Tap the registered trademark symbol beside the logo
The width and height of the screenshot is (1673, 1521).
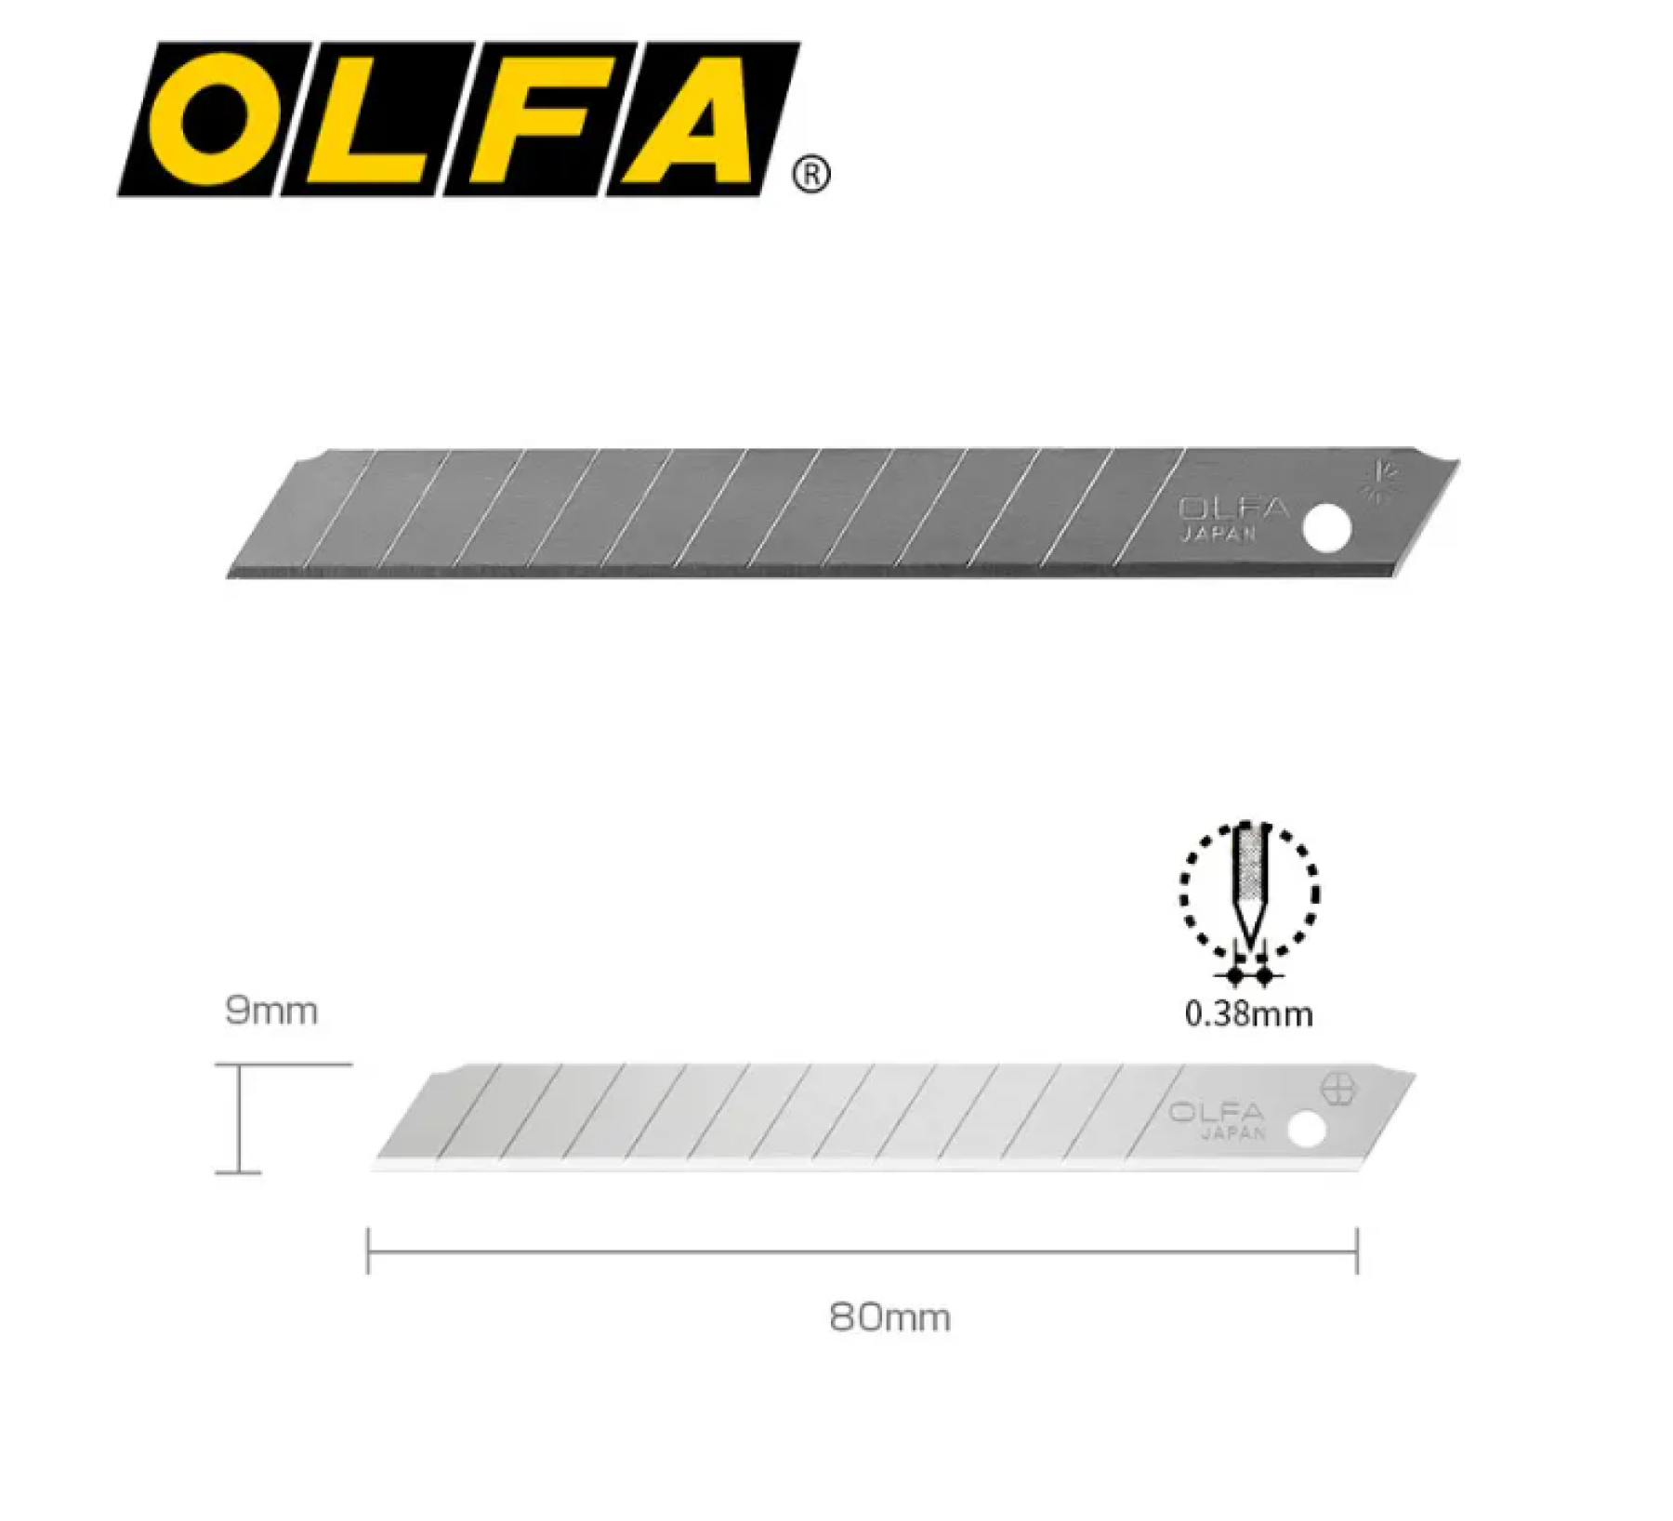[811, 175]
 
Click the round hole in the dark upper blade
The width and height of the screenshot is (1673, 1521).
[1326, 529]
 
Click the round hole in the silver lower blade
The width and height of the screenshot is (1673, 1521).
[1306, 1130]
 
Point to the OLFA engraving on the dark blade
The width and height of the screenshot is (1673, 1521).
[1233, 509]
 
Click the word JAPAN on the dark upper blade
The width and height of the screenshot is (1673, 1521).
[1219, 534]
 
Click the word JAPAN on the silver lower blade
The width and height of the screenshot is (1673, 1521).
[1233, 1133]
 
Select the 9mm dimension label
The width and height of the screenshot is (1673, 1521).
[271, 1011]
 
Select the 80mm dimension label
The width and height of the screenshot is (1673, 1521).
[889, 1317]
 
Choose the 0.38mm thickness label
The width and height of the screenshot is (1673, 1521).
[1248, 1013]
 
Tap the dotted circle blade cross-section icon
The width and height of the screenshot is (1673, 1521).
[1249, 891]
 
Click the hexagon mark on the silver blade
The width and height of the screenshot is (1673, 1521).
[1338, 1089]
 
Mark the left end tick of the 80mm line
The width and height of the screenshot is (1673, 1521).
[369, 1250]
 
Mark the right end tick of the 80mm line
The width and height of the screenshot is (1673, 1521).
[1357, 1250]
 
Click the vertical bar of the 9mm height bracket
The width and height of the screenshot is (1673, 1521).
[240, 1118]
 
